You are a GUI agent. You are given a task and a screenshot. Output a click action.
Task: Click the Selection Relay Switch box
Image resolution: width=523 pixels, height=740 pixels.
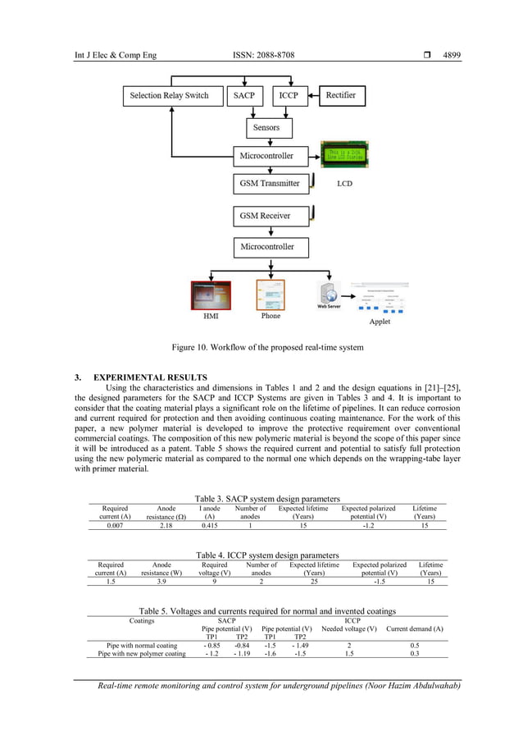click(x=170, y=95)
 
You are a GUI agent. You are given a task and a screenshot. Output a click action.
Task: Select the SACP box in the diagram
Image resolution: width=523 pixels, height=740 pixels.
click(x=244, y=95)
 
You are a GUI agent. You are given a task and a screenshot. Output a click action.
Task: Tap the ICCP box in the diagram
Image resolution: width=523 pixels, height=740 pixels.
click(x=288, y=95)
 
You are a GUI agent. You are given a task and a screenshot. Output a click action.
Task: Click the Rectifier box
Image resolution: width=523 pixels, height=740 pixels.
click(x=340, y=95)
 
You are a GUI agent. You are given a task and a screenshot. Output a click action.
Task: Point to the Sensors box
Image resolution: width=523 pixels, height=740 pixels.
click(x=266, y=127)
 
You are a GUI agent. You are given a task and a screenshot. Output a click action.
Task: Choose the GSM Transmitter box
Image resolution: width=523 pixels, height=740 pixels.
click(x=269, y=183)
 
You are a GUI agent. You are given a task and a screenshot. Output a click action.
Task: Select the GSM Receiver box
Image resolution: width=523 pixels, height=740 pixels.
click(x=264, y=216)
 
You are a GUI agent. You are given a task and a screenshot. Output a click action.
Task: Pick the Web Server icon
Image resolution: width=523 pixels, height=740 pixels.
click(x=329, y=294)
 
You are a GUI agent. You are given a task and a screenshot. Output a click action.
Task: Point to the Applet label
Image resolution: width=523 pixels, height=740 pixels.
click(x=380, y=322)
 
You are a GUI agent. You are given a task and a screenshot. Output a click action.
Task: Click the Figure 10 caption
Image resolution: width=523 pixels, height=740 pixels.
click(x=266, y=348)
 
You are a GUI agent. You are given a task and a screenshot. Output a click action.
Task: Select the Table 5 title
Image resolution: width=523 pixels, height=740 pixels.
click(x=267, y=611)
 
